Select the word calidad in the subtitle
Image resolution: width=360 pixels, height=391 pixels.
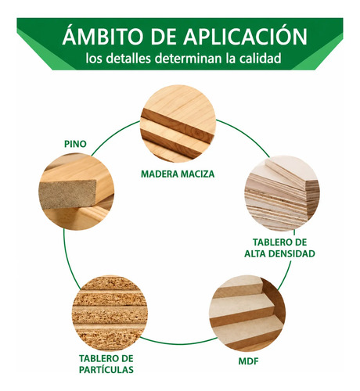[261, 59]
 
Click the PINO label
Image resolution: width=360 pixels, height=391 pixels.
[75, 144]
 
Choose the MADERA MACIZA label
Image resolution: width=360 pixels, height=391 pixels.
[178, 174]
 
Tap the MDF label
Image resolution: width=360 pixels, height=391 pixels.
[248, 361]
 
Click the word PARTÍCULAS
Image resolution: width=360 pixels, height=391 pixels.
[106, 369]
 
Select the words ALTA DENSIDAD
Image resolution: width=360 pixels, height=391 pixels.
[279, 253]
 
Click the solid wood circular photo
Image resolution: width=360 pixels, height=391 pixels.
[178, 124]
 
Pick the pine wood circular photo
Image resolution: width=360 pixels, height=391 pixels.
[76, 192]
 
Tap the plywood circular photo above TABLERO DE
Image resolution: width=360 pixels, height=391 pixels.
[282, 193]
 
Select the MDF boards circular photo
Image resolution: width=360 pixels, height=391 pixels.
[247, 313]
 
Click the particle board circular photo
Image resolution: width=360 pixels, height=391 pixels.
[110, 313]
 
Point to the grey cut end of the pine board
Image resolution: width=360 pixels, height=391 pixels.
[68, 194]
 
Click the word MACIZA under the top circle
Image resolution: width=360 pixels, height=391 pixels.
[198, 174]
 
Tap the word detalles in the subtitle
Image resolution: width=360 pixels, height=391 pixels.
[129, 59]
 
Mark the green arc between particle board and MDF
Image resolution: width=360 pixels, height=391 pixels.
[178, 342]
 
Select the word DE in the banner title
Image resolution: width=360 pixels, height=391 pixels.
[164, 36]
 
